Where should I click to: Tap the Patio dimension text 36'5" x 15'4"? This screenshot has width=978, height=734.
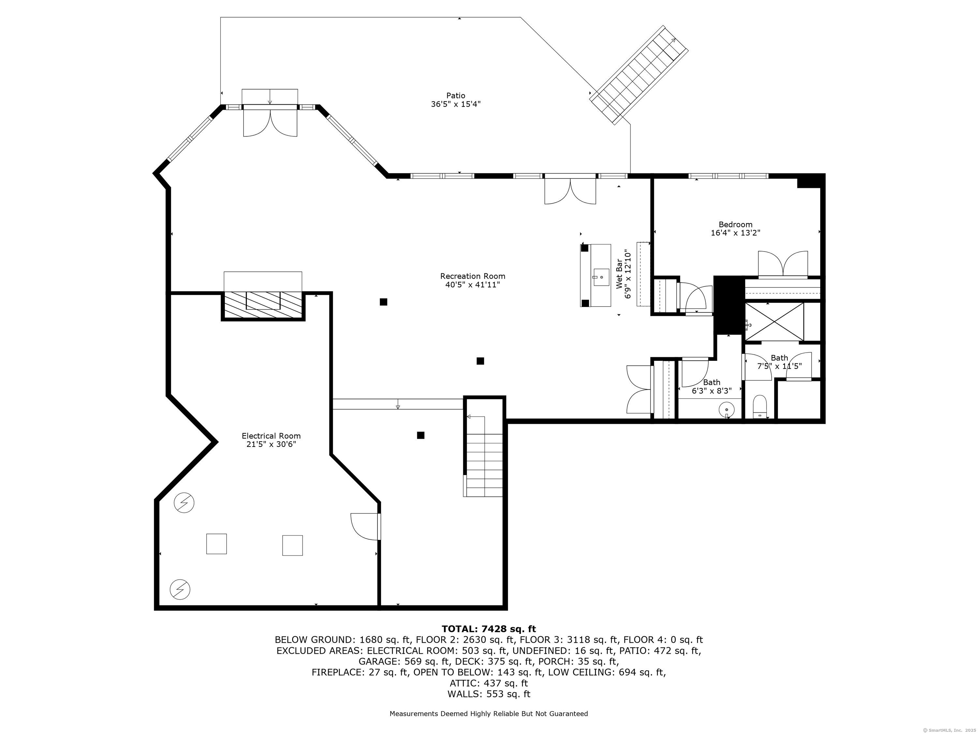[x=455, y=104]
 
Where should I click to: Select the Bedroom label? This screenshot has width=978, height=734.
[x=735, y=224]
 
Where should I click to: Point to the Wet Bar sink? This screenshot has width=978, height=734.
[x=601, y=277]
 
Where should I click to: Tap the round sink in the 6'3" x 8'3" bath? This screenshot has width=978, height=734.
[x=726, y=410]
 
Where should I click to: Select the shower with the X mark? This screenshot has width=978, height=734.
[x=774, y=322]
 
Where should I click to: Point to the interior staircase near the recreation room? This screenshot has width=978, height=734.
[x=484, y=460]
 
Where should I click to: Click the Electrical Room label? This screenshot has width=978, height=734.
[x=271, y=436]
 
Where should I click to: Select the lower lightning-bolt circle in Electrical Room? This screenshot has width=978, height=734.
[x=180, y=589]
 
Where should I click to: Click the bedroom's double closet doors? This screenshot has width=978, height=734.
[x=783, y=264]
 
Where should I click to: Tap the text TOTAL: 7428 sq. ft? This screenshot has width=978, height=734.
[x=489, y=629]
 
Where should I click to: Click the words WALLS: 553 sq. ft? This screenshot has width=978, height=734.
[x=489, y=694]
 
